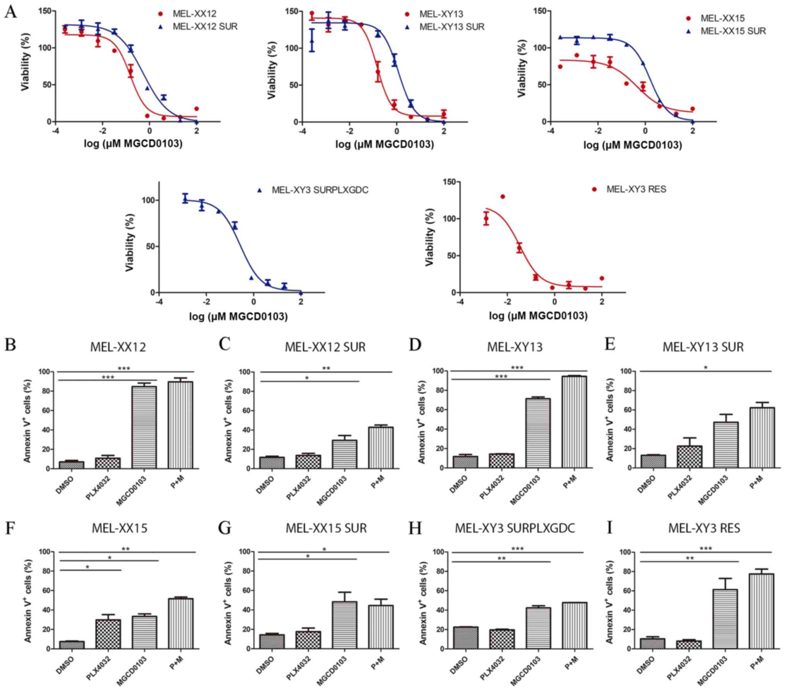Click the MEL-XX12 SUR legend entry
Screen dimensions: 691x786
click(x=205, y=26)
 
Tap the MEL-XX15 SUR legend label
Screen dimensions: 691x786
click(x=733, y=31)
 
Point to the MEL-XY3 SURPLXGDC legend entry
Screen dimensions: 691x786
click(x=320, y=190)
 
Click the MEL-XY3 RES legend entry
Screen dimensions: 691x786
click(x=636, y=189)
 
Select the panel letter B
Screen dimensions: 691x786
click(x=10, y=344)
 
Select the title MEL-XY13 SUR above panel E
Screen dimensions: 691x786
click(x=703, y=347)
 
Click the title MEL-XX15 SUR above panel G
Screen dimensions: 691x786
click(x=326, y=528)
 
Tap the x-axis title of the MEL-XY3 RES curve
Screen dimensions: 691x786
click(x=538, y=316)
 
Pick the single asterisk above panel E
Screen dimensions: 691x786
click(x=706, y=368)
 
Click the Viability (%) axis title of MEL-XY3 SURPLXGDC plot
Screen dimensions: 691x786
click(x=130, y=242)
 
